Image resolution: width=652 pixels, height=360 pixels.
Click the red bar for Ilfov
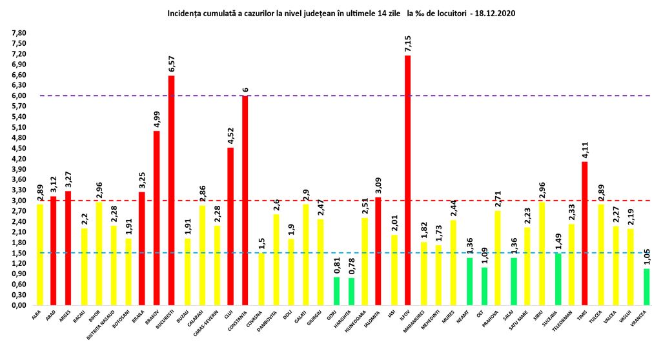(407, 180)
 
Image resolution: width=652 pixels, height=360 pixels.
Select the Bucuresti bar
(171, 190)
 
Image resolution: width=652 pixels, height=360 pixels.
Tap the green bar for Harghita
(351, 291)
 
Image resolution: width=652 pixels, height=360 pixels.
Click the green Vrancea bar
(646, 286)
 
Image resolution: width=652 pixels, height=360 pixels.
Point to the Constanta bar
(245, 200)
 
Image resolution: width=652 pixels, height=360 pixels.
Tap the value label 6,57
(171, 64)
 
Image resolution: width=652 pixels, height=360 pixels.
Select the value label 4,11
(585, 150)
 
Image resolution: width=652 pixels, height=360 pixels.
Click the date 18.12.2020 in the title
(494, 13)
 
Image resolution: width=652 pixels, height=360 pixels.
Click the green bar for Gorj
(336, 290)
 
